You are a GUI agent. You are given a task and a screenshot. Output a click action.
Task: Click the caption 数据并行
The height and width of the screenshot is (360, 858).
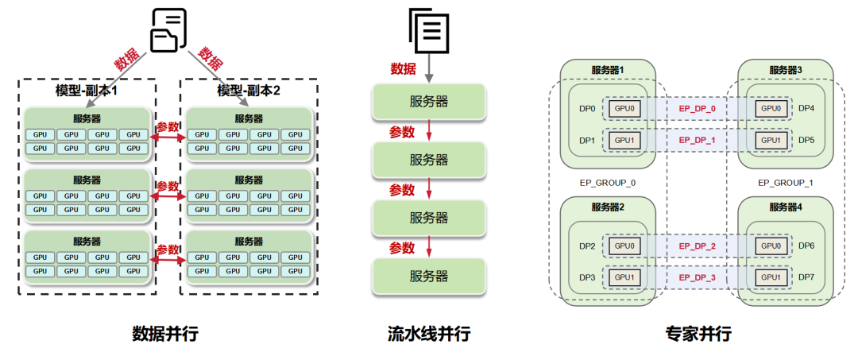[164, 334]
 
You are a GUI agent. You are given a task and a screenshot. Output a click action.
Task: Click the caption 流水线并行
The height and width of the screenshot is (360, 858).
[429, 334]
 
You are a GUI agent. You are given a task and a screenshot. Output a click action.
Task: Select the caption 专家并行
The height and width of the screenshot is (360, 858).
[698, 334]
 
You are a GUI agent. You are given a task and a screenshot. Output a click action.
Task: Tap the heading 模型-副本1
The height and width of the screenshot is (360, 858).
[87, 91]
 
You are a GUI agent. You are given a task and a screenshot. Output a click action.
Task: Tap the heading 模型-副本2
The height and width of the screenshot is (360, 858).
[249, 91]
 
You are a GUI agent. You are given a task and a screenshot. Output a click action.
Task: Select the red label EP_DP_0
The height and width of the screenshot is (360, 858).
[697, 108]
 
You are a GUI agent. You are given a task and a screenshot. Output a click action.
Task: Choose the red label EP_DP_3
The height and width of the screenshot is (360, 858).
[697, 277]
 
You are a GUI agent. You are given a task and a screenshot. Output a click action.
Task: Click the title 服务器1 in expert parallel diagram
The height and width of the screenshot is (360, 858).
[608, 70]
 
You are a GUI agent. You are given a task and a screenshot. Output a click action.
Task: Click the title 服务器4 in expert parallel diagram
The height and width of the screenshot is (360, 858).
[785, 207]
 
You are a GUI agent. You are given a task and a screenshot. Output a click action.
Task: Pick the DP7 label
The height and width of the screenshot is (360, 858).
[806, 277]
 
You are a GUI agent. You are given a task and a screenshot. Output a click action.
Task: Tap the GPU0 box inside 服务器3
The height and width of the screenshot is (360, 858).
[771, 108]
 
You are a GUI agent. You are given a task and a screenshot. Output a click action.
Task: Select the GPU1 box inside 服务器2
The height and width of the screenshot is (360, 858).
[624, 277]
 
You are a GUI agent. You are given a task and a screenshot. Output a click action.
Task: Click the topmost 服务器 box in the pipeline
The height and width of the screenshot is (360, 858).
[429, 101]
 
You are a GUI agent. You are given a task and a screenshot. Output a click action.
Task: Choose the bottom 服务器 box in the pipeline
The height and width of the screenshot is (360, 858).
[429, 277]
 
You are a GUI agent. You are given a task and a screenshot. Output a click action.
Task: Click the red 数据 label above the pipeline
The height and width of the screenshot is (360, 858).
[403, 69]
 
